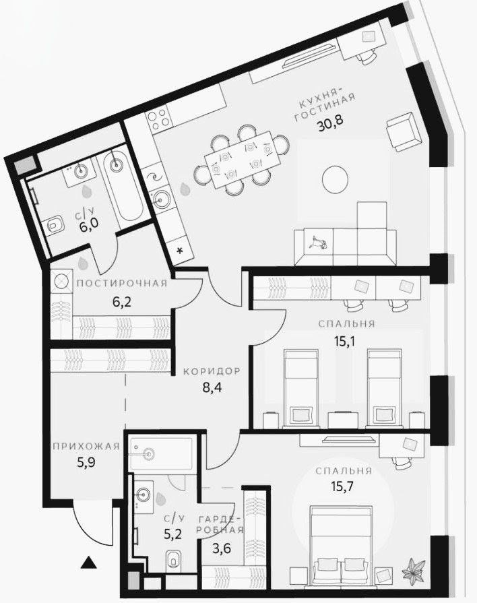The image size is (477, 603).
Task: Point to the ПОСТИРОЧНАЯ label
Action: [x=121, y=283]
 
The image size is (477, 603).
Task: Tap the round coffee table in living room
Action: [x=334, y=179]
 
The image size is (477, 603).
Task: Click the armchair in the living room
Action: [x=405, y=133]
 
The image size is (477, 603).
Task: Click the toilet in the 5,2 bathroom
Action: [x=174, y=559]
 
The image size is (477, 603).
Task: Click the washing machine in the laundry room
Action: [x=61, y=281]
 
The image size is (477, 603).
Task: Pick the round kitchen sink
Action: [x=162, y=199]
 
